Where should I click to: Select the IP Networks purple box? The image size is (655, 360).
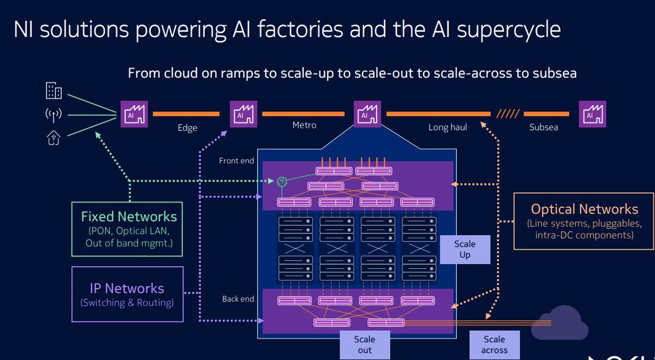tap(127, 294)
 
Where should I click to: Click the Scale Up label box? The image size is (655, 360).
tap(465, 249)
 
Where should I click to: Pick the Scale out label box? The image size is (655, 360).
tap(364, 345)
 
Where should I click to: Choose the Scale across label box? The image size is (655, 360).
tap(494, 345)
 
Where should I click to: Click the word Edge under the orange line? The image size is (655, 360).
tap(187, 128)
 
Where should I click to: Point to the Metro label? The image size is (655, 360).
tap(304, 125)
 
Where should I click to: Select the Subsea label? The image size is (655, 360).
tap(544, 128)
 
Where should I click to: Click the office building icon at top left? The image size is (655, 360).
tap(53, 91)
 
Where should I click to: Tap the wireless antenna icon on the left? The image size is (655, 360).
tap(53, 115)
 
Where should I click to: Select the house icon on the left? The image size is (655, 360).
tap(53, 139)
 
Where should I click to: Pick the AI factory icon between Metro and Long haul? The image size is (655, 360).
tap(365, 115)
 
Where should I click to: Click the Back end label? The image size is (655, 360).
tap(238, 299)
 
